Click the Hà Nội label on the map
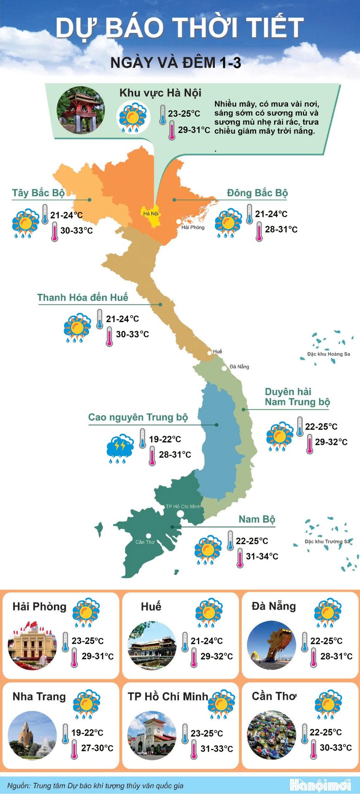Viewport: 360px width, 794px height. coord(151,214)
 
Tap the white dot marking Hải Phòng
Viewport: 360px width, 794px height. coord(179,222)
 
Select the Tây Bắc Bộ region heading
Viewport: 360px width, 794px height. coord(38,193)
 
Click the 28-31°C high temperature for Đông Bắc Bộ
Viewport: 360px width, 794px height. coord(281,229)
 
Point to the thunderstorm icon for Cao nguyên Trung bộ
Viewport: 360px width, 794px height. coord(120,448)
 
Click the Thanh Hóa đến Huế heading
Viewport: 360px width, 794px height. coord(83,298)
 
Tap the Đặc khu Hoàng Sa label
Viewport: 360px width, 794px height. coord(329,354)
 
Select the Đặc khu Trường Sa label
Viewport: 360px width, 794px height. coord(327,541)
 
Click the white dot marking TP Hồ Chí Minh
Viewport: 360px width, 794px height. coord(180,514)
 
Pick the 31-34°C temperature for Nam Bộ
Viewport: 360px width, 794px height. coord(262,557)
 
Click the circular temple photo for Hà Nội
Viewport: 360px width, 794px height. coord(81,110)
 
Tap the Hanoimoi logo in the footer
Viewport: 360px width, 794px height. coord(321,785)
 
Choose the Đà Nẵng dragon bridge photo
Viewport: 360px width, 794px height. coord(272,646)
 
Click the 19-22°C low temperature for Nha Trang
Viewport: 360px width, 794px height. coord(87,733)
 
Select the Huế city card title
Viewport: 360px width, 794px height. coord(151,607)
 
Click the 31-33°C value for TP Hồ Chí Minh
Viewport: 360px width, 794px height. coord(217,749)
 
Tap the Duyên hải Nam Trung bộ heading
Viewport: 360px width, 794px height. coord(297,397)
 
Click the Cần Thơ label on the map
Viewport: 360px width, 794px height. coord(145,542)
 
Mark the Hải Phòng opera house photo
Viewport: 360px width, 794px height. coord(32,646)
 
